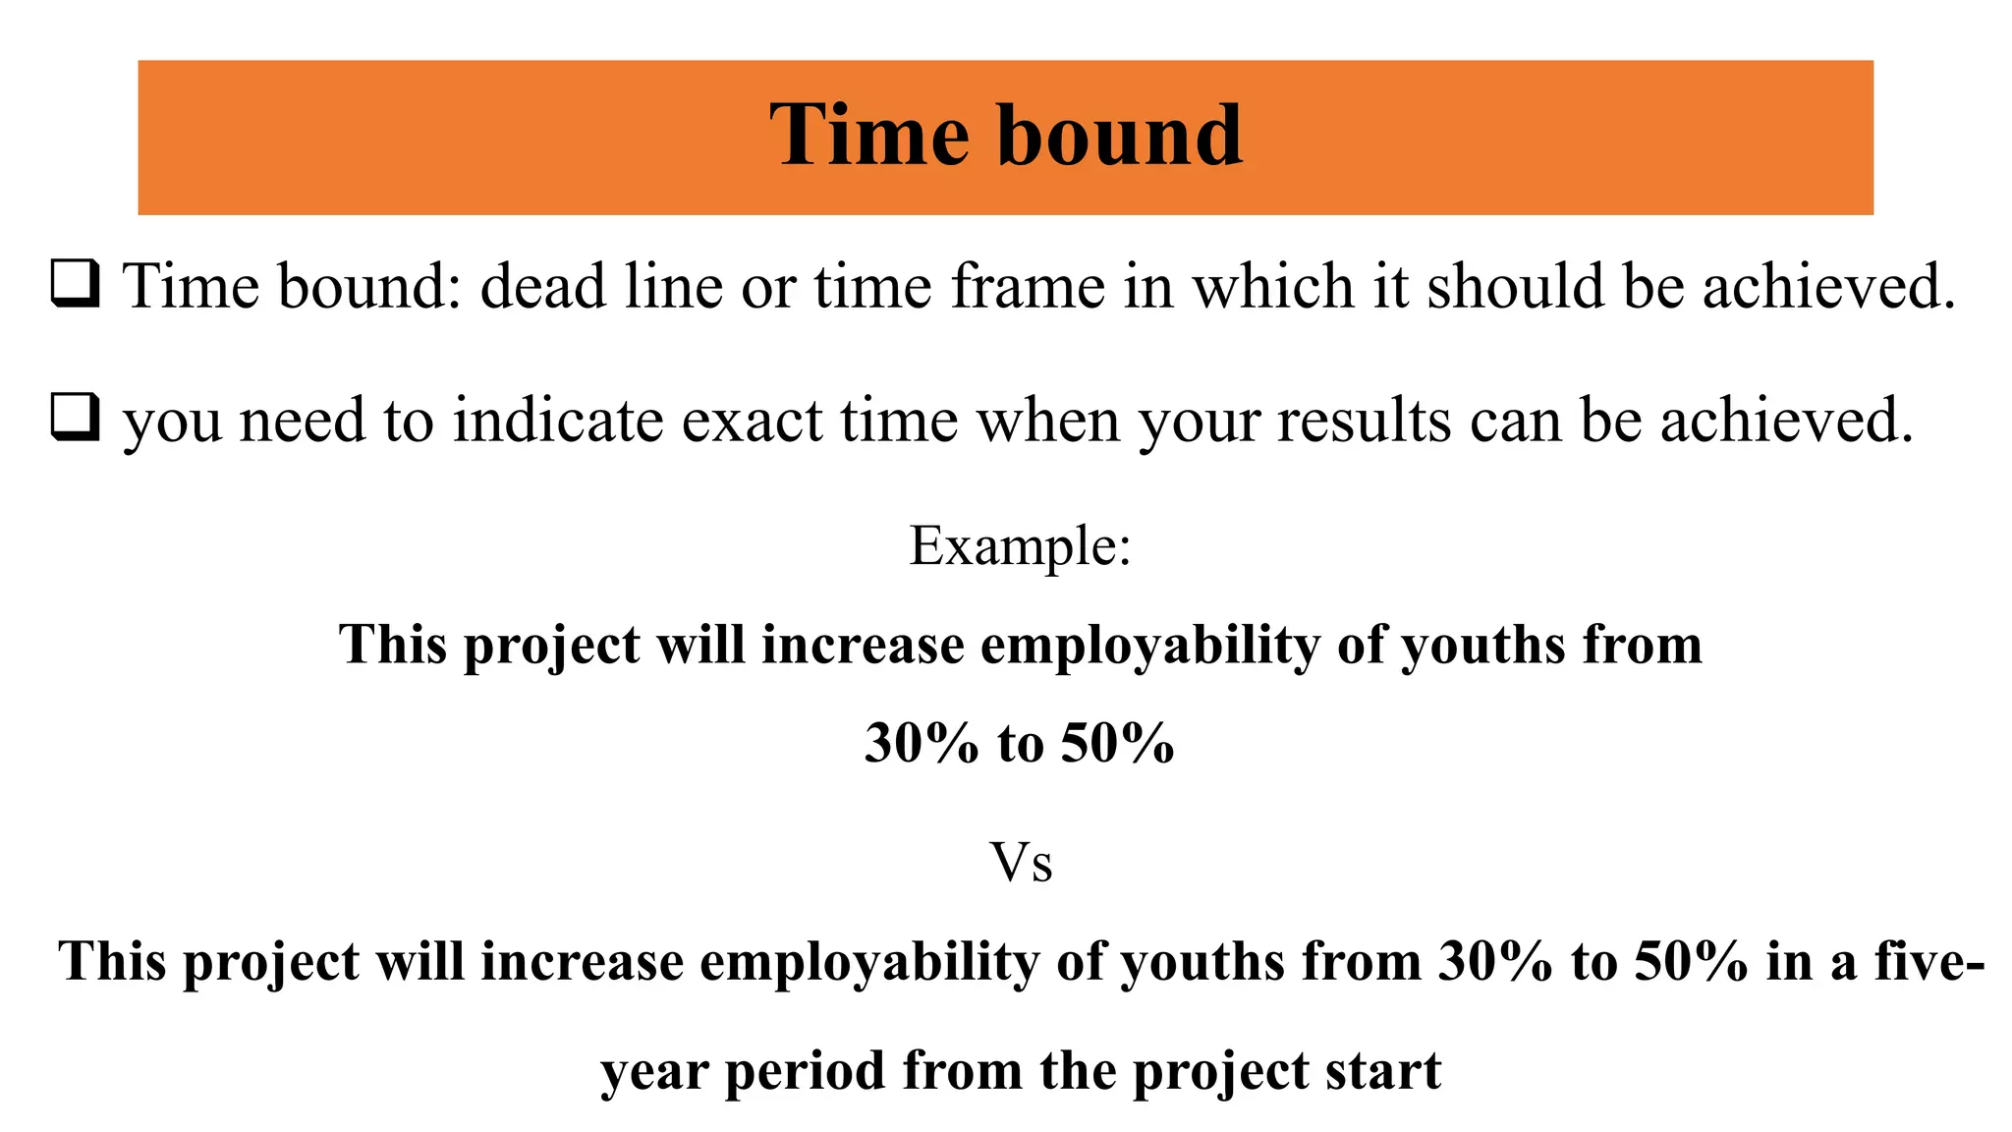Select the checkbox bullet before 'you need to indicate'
pos(75,419)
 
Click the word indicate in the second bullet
pos(558,421)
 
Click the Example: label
pos(1020,546)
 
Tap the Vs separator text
pos(1021,864)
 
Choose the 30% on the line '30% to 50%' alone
pos(922,743)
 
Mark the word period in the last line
pos(805,1070)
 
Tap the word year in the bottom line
pos(653,1072)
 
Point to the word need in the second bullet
pos(303,421)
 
